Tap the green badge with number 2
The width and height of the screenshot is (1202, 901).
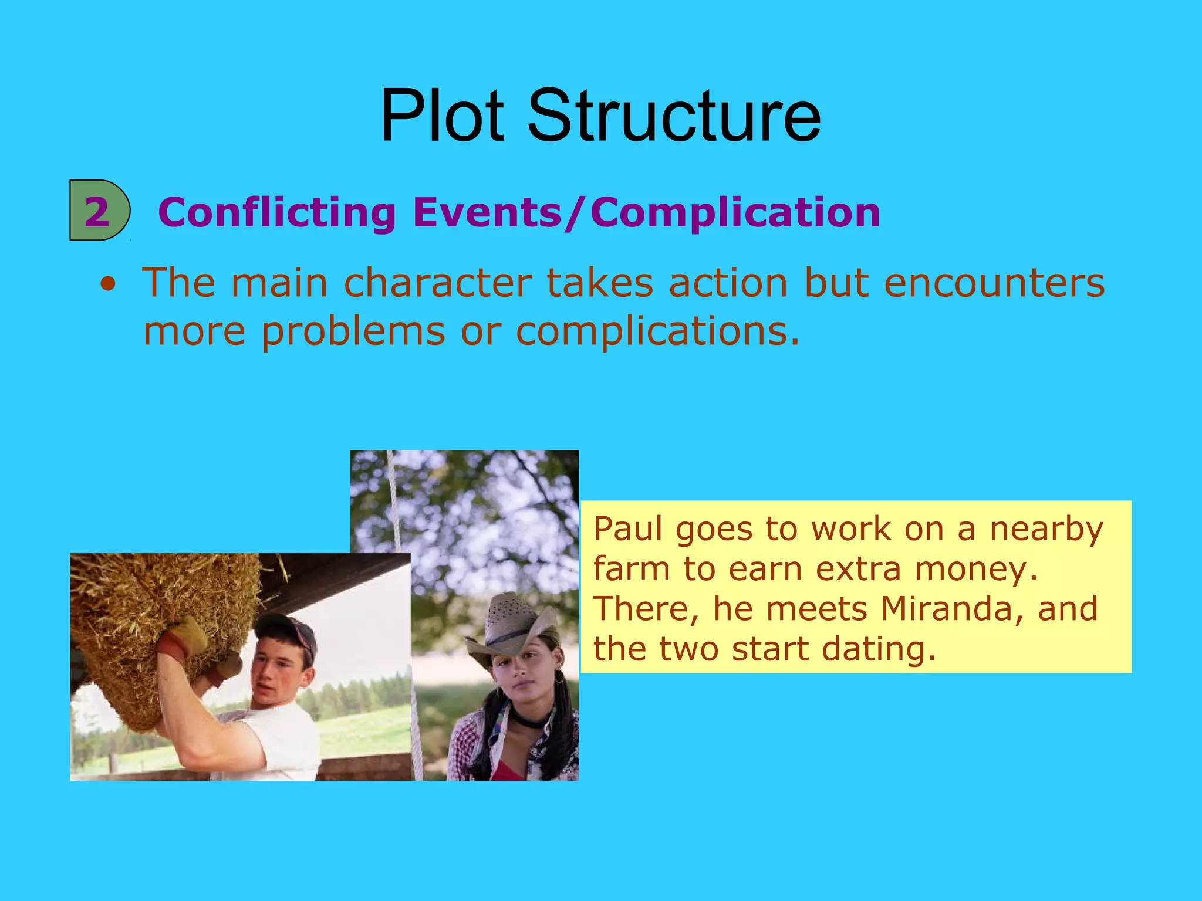point(99,211)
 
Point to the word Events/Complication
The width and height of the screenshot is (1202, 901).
point(646,212)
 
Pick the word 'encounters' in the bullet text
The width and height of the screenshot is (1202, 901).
point(994,283)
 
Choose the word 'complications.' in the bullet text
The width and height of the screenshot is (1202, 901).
point(658,332)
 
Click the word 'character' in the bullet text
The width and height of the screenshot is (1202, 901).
point(438,283)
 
